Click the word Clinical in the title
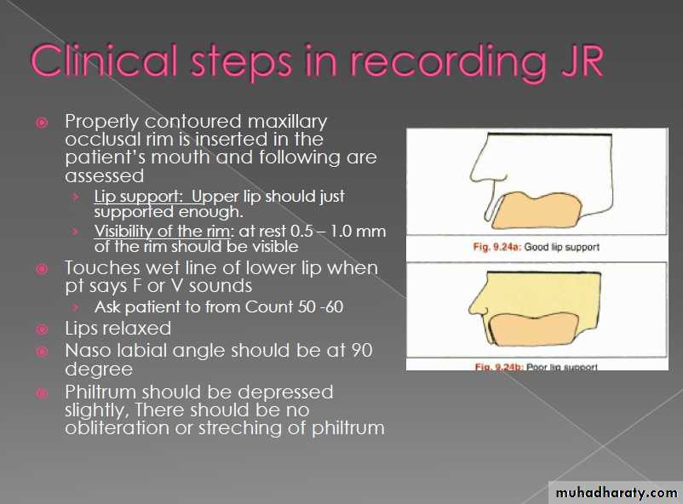[104, 60]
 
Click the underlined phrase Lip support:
[138, 197]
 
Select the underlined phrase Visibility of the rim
[163, 232]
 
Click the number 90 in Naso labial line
[361, 351]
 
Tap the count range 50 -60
[320, 306]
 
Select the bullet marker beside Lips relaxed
[42, 329]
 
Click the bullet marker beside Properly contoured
[42, 123]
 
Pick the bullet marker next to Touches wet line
[42, 269]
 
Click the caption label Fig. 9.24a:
[497, 247]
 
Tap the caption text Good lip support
[561, 247]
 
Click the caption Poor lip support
[562, 367]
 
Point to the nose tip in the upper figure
[472, 177]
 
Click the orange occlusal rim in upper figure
[537, 210]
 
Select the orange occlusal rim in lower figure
[534, 329]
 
